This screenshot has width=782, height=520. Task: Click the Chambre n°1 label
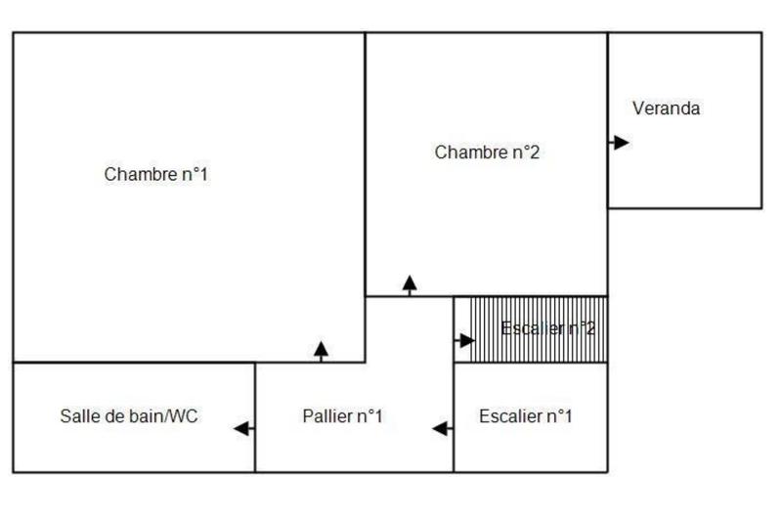click(x=156, y=175)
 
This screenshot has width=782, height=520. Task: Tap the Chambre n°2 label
click(x=487, y=152)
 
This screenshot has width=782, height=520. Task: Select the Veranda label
click(x=666, y=108)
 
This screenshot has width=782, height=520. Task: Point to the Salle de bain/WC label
click(x=129, y=416)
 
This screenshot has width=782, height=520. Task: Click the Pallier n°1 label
click(x=342, y=416)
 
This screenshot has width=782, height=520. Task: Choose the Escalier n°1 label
click(x=526, y=416)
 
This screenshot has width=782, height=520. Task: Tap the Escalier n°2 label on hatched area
click(x=547, y=328)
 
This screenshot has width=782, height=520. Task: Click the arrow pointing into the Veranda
click(x=619, y=143)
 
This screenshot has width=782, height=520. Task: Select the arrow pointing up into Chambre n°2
click(x=410, y=284)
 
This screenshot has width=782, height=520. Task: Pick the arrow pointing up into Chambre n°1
click(x=322, y=350)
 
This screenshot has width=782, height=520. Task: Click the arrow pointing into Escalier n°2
click(x=465, y=340)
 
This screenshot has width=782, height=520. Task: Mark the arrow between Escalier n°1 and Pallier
click(x=442, y=428)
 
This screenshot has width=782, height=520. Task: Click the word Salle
click(x=77, y=416)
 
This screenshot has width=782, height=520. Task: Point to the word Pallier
click(x=326, y=416)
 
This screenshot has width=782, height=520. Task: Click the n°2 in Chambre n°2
click(x=523, y=152)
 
